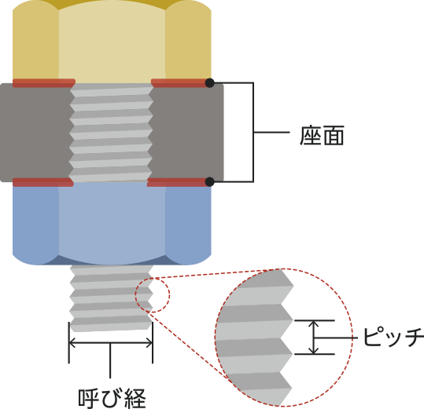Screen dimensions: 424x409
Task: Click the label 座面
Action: pyautogui.click(x=322, y=136)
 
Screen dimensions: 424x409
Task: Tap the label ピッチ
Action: pyautogui.click(x=393, y=338)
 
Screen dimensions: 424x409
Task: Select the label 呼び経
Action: pyautogui.click(x=112, y=399)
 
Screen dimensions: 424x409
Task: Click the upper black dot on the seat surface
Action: pyautogui.click(x=209, y=83)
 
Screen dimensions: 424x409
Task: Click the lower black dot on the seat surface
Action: pyautogui.click(x=209, y=182)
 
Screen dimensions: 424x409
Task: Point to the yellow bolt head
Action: pyautogui.click(x=112, y=42)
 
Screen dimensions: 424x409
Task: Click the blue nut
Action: pyautogui.click(x=112, y=224)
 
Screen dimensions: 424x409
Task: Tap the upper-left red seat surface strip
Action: pyautogui.click(x=44, y=83)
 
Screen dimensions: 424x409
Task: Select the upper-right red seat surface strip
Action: pyautogui.click(x=180, y=83)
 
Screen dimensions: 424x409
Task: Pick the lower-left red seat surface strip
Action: pyautogui.click(x=43, y=182)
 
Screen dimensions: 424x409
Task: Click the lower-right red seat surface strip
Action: pyautogui.click(x=178, y=182)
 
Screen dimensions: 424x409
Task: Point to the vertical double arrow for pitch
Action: pyautogui.click(x=314, y=338)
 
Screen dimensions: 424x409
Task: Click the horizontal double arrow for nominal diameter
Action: pyautogui.click(x=111, y=343)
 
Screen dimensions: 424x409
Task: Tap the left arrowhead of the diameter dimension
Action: pyautogui.click(x=72, y=343)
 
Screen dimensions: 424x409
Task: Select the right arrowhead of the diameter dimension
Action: pyautogui.click(x=149, y=343)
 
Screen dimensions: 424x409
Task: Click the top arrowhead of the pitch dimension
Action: pyautogui.click(x=314, y=323)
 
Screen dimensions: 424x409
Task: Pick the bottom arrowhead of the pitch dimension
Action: pyautogui.click(x=314, y=351)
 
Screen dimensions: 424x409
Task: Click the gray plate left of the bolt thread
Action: pyautogui.click(x=35, y=133)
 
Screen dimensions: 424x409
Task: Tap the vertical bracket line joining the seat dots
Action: pyautogui.click(x=253, y=132)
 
